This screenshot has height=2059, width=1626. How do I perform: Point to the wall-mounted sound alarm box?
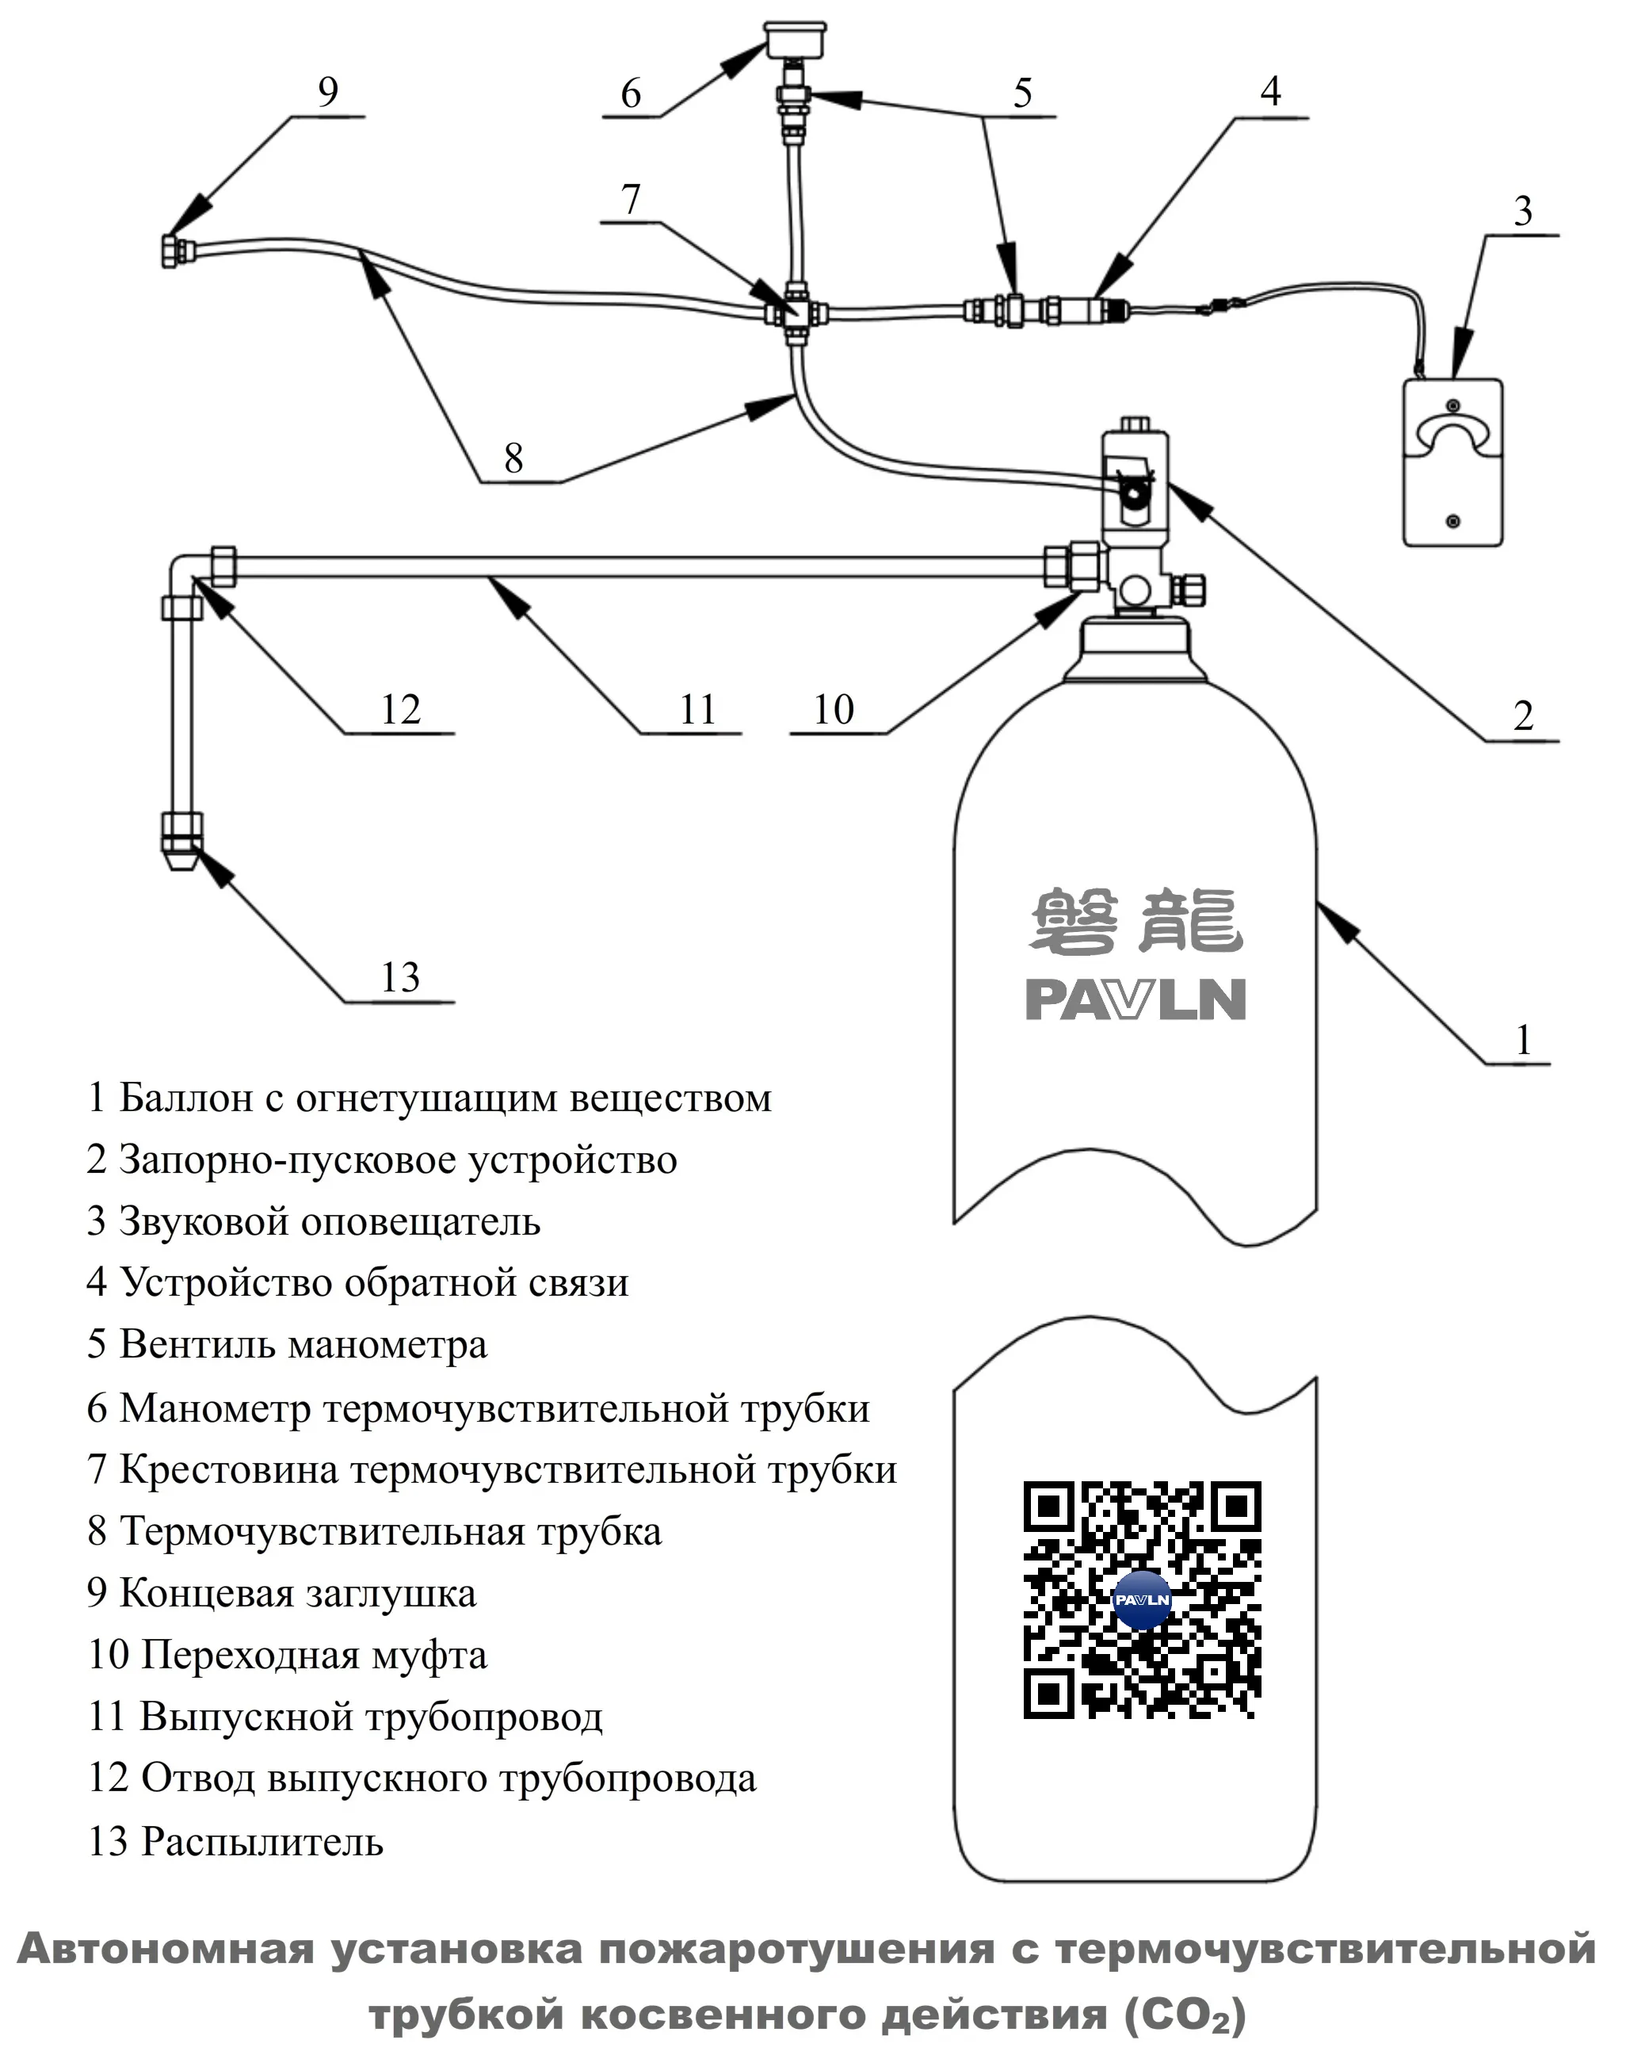coord(1452,463)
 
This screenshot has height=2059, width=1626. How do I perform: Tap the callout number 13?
coord(400,976)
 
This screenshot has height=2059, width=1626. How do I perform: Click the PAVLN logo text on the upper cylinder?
coord(1135,999)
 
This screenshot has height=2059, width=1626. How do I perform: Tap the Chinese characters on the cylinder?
coord(1136,920)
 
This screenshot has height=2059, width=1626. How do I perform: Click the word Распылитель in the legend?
coord(261,1841)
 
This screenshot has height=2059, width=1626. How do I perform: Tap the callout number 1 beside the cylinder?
coord(1523,1040)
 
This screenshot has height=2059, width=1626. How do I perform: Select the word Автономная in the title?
coord(166,1949)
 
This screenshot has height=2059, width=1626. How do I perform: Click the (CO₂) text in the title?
coord(1185,2015)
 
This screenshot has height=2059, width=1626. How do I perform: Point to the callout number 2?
coord(1523,716)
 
